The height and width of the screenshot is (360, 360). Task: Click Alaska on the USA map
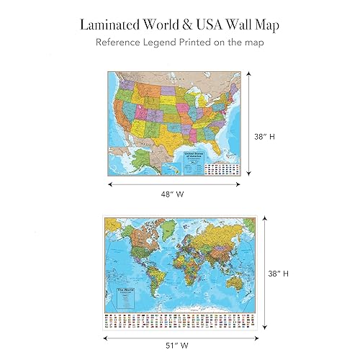pyautogui.click(x=130, y=162)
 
